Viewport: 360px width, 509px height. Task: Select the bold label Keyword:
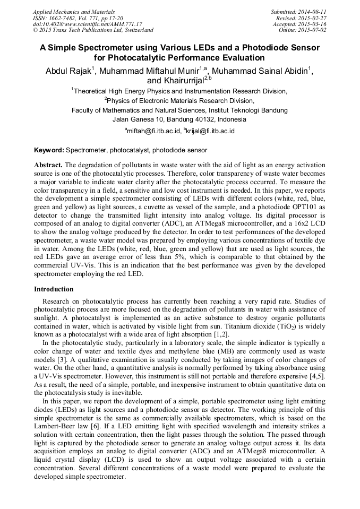coord(49,151)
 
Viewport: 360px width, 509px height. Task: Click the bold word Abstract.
coord(48,165)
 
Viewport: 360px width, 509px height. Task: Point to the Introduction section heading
coord(54,289)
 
